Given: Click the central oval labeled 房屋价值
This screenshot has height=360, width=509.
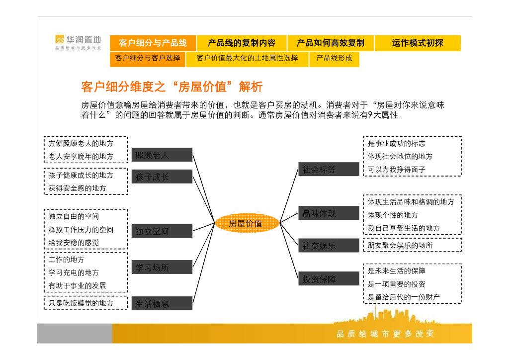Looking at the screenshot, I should (246, 224).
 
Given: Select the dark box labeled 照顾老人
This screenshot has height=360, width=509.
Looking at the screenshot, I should (162, 155).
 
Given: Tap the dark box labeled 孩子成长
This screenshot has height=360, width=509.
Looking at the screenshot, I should (162, 177).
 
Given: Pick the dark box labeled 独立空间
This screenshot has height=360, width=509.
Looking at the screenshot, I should (162, 231).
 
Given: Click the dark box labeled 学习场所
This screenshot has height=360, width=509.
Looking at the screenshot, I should (162, 268).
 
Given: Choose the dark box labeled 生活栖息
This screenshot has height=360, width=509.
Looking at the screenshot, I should (162, 303).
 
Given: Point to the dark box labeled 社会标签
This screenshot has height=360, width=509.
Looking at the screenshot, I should (328, 170).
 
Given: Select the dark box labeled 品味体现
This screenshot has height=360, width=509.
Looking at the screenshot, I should (328, 213).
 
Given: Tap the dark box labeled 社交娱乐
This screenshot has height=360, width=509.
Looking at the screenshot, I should (328, 246).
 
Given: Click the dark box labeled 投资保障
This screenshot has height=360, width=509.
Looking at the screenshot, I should (328, 279).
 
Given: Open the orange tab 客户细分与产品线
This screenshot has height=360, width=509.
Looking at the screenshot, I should (153, 43).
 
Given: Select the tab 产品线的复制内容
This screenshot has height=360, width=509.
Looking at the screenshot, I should (241, 43).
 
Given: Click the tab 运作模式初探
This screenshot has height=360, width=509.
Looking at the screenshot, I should (417, 43).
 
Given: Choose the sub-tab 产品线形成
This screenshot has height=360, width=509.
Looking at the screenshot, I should (334, 58).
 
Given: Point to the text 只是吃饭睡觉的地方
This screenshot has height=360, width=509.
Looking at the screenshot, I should (81, 303).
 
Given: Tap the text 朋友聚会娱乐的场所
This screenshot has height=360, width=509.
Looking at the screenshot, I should (400, 245).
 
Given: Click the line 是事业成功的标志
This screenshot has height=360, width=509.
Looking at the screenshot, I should (396, 143).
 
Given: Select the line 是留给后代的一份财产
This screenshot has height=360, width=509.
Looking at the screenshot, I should (404, 297).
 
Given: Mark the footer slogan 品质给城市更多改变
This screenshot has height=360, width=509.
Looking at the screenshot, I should (385, 333).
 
